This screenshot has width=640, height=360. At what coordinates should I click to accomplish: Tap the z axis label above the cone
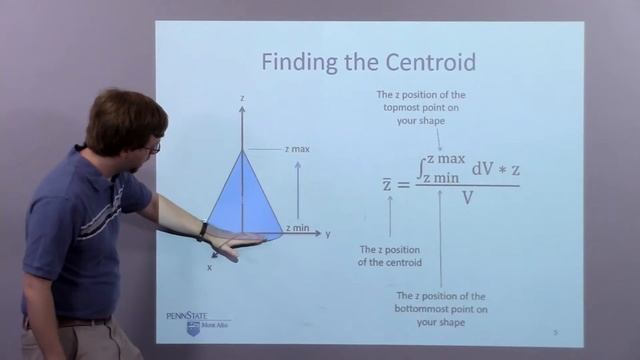coord(242,98)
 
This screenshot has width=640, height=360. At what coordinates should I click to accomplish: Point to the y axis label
coord(328,234)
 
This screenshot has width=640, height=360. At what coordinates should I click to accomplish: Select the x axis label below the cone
coord(210,267)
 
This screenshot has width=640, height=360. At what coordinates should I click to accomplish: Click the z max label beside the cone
coord(297,149)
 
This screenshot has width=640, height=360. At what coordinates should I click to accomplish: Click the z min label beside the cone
coord(297,228)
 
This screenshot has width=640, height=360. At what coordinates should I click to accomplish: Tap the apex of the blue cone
coord(242,151)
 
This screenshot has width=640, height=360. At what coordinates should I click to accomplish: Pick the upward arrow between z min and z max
coord(298,189)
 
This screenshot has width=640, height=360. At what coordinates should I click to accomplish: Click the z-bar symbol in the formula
coord(387,184)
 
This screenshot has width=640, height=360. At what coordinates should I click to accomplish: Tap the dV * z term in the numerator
coord(494,169)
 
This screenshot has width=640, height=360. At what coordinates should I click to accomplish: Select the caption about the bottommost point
coord(441,309)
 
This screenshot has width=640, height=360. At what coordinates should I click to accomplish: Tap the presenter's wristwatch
coord(202,231)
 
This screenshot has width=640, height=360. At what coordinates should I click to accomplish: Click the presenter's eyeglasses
coord(153,148)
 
